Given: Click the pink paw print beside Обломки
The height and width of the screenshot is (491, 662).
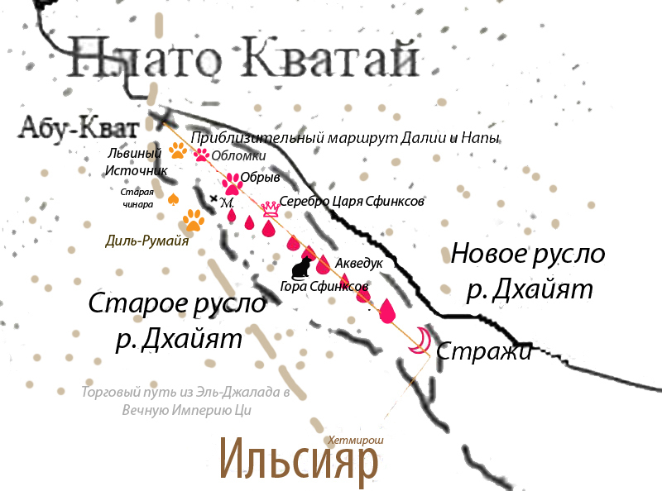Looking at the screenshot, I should [201, 154].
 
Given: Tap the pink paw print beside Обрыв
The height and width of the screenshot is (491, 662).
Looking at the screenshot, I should [230, 181].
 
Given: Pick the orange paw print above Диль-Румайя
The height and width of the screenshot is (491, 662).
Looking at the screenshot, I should [194, 219].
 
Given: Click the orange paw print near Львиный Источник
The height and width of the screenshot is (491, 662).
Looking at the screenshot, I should [178, 150].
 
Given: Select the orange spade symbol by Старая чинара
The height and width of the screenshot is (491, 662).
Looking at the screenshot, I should [174, 198].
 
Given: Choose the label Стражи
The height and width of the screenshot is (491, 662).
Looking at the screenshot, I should [482, 350].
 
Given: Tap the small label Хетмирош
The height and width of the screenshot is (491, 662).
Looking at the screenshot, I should [357, 441].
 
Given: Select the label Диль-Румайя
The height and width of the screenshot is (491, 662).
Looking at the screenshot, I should [147, 241].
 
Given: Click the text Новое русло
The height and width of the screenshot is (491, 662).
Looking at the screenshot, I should [527, 254].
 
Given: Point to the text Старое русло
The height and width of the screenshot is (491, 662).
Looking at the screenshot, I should [177, 305].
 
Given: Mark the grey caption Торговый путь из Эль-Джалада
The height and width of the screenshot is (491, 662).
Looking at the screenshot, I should [185, 393].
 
